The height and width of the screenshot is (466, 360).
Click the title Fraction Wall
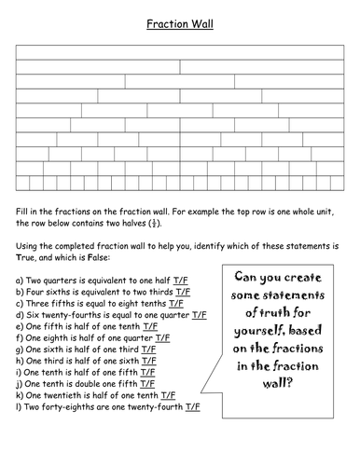pos(180,25)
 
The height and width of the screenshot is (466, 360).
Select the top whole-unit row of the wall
pos(179,53)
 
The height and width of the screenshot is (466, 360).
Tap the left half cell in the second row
pos(98,67)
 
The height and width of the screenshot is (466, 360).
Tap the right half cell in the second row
pos(261,67)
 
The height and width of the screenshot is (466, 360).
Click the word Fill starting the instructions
pos(23,212)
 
